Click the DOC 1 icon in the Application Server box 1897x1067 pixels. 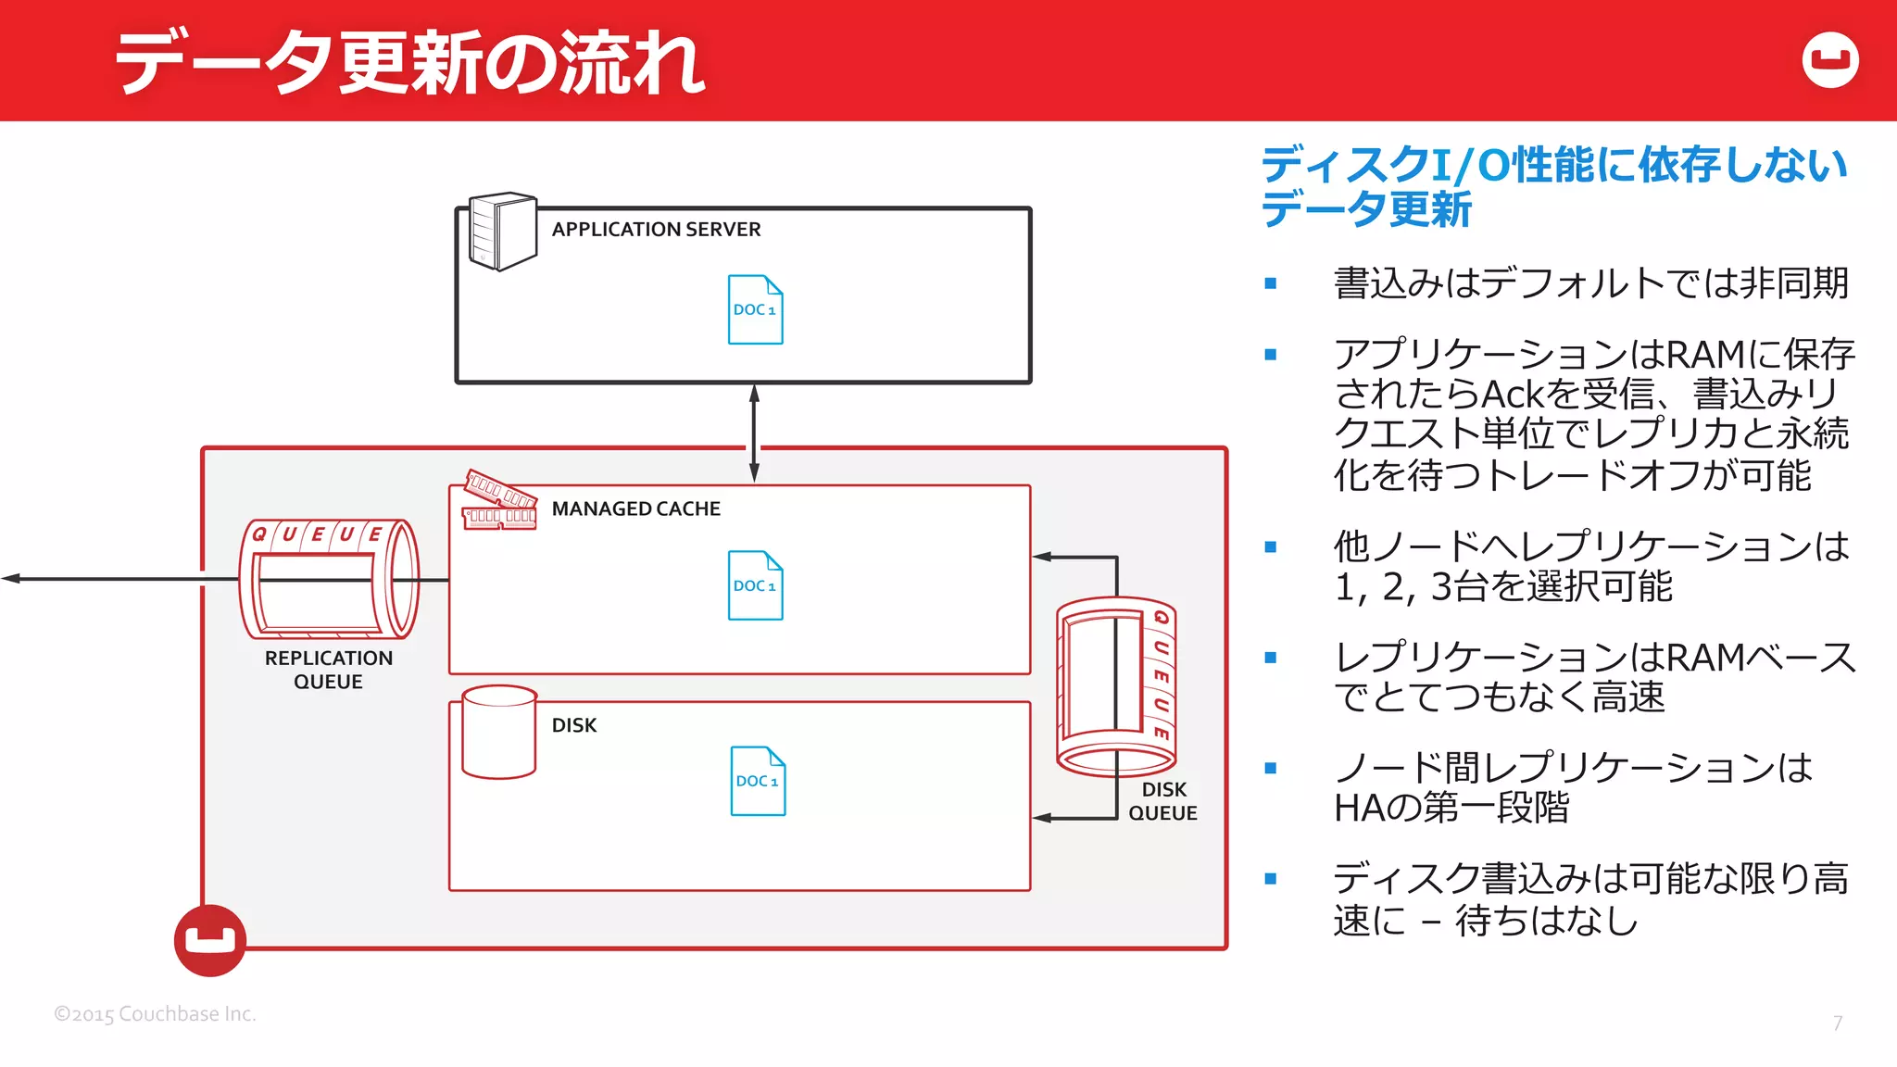point(755,309)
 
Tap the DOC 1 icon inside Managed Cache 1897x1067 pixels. point(755,585)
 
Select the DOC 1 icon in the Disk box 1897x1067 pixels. point(758,781)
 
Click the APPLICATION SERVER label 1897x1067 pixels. point(656,229)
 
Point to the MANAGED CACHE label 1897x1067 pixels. point(635,508)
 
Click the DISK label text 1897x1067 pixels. point(573,725)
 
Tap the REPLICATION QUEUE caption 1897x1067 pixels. point(329,670)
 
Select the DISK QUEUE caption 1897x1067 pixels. point(1162,801)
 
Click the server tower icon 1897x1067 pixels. point(502,232)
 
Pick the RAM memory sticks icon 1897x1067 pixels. point(500,500)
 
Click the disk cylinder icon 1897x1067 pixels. point(499,732)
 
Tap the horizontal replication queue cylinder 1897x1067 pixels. point(329,579)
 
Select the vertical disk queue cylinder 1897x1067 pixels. point(1116,685)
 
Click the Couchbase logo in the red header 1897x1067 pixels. point(1830,60)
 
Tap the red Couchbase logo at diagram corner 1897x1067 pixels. point(210,940)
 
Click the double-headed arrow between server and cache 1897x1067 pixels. point(754,433)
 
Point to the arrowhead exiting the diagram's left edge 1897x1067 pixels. point(11,579)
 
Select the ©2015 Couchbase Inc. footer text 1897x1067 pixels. point(155,1014)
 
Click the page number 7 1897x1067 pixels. point(1838,1023)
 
